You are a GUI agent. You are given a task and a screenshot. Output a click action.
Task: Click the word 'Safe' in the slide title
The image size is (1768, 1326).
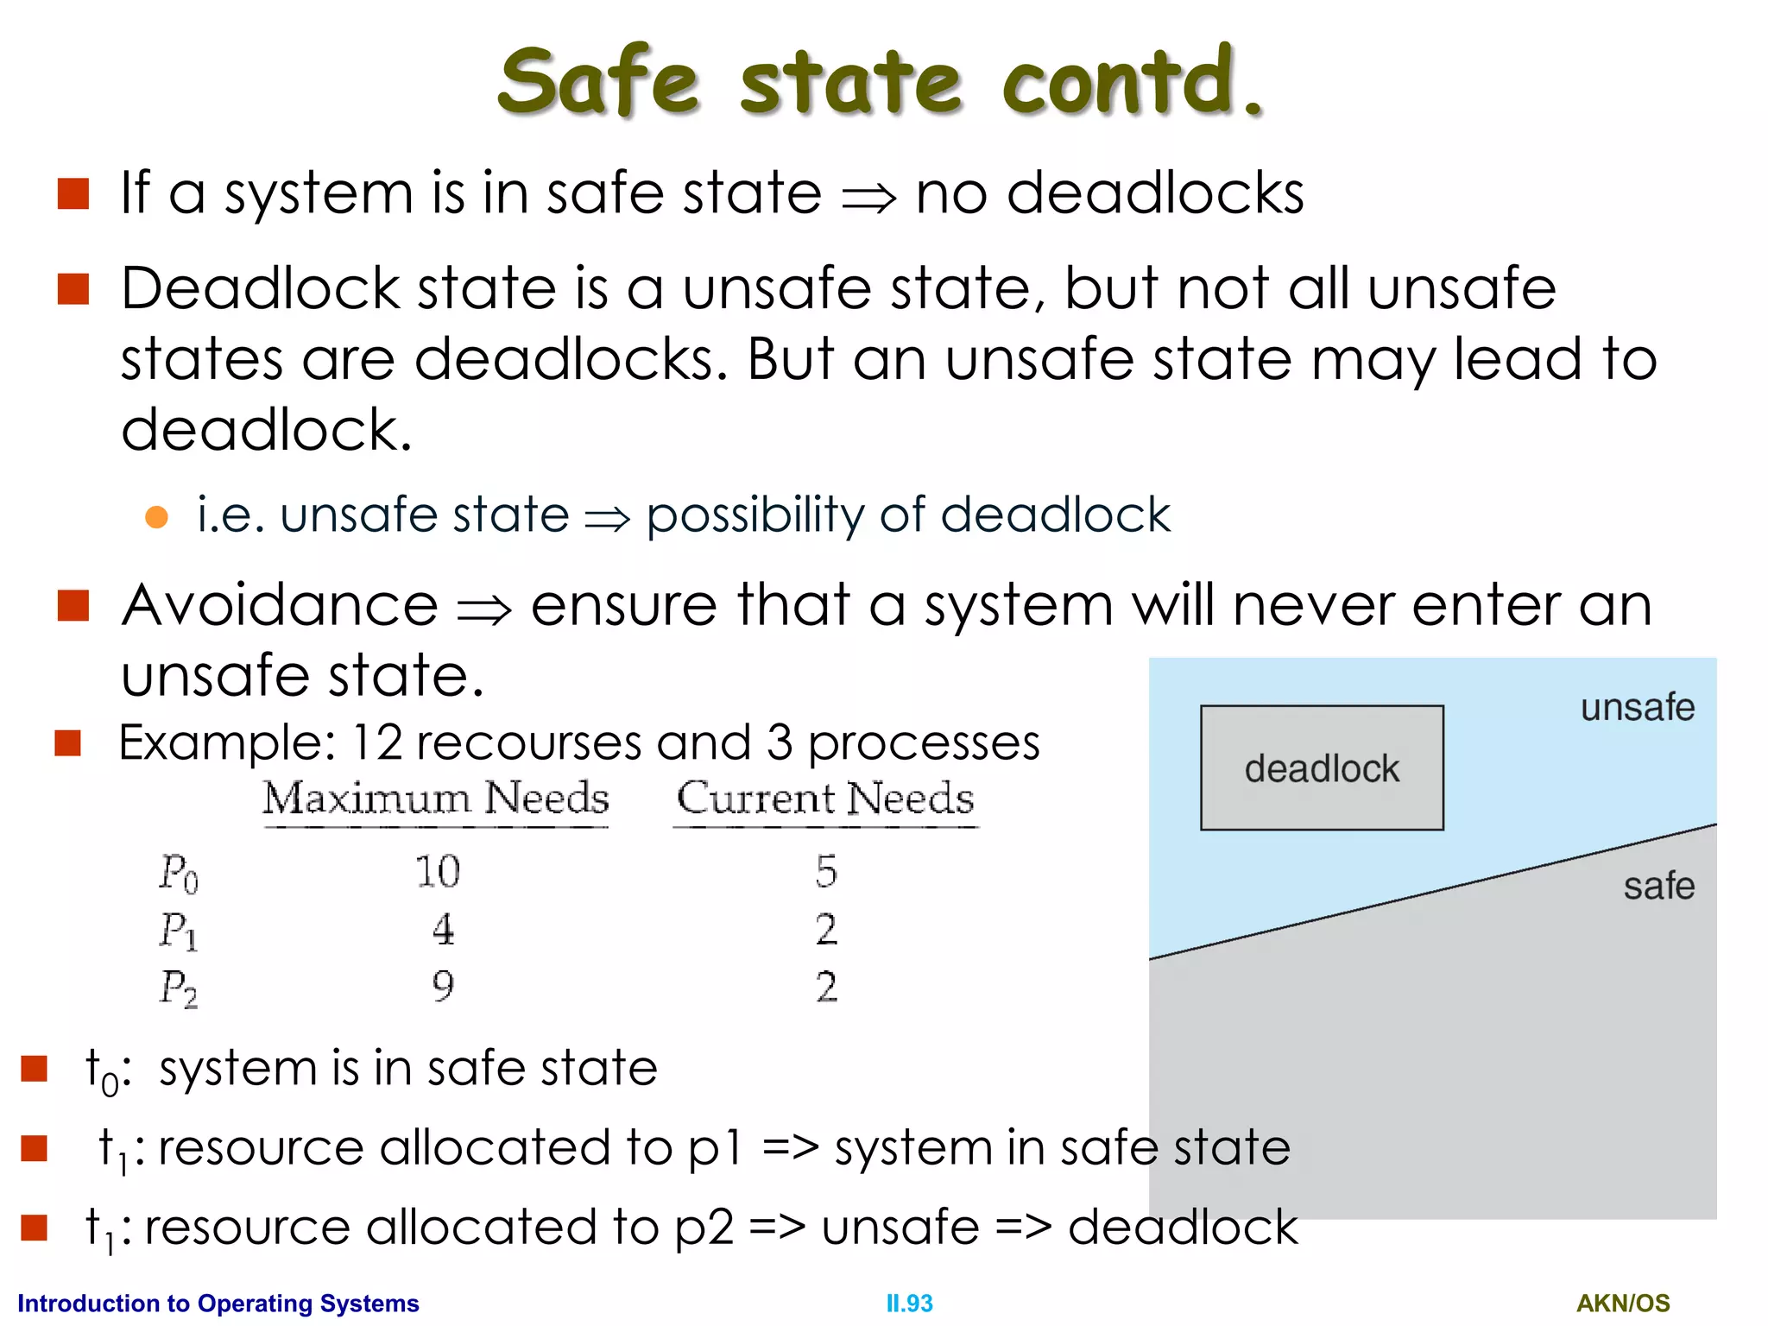pyautogui.click(x=597, y=81)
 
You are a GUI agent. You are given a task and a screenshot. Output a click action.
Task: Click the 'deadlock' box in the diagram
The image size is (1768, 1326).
pyautogui.click(x=1321, y=767)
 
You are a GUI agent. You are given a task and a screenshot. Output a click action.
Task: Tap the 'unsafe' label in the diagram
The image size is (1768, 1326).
pyautogui.click(x=1637, y=707)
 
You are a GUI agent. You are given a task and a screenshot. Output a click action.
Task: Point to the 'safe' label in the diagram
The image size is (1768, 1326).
pyautogui.click(x=1658, y=887)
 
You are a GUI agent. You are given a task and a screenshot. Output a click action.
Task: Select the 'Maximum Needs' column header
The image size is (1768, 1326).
pyautogui.click(x=436, y=798)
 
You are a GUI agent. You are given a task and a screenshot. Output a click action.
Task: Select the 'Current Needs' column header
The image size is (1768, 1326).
pyautogui.click(x=825, y=798)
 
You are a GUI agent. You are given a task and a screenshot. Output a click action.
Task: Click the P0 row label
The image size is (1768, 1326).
pyautogui.click(x=179, y=872)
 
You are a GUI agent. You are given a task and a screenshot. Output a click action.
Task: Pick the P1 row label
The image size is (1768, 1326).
pyautogui.click(x=179, y=931)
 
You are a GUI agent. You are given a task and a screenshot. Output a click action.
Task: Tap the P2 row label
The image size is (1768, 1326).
pyautogui.click(x=179, y=988)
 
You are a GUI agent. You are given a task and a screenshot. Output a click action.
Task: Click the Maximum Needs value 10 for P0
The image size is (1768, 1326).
pyautogui.click(x=438, y=871)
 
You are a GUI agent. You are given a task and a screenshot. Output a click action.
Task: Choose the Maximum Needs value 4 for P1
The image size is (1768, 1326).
pyautogui.click(x=443, y=930)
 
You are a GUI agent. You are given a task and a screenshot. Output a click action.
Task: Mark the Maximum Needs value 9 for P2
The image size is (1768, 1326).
pyautogui.click(x=443, y=986)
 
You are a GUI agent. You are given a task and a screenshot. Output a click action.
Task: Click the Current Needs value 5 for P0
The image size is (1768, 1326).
pyautogui.click(x=826, y=871)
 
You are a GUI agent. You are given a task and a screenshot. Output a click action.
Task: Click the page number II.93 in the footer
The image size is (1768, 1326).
pyautogui.click(x=909, y=1303)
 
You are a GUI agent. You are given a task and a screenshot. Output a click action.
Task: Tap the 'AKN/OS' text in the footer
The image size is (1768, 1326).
pyautogui.click(x=1623, y=1303)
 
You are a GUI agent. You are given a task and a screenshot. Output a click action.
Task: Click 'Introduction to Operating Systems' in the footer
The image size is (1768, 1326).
pyautogui.click(x=218, y=1303)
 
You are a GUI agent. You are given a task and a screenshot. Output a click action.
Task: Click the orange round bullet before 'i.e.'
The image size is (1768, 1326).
pyautogui.click(x=156, y=516)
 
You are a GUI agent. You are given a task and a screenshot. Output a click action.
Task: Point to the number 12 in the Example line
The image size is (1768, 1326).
pyautogui.click(x=377, y=742)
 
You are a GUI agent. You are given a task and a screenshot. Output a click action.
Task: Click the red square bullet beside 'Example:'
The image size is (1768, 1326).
pyautogui.click(x=68, y=742)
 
